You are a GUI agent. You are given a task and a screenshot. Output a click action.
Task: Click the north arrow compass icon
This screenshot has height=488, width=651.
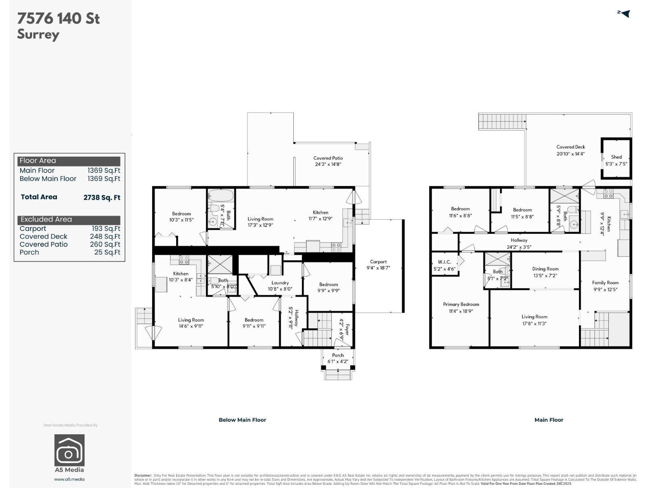pos(624,13)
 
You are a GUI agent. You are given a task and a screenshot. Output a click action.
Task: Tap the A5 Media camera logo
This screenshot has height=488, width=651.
pos(69,450)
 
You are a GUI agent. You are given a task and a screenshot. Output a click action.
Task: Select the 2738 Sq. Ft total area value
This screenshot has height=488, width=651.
pos(102,198)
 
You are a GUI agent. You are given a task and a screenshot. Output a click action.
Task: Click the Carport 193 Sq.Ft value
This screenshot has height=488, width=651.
pos(105,229)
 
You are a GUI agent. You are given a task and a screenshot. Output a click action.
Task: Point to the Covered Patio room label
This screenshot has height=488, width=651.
pos(328,158)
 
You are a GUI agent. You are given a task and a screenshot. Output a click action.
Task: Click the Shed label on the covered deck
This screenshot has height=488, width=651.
pos(616,157)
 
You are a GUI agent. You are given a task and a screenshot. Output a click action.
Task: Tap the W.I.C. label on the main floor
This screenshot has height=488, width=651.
pos(444,262)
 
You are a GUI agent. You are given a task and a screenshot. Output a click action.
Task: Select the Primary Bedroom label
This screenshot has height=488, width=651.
pos(461,304)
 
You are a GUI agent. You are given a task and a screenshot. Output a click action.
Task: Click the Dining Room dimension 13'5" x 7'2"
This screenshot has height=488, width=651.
pos(545,275)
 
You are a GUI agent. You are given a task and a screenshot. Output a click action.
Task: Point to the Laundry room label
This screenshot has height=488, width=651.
pos(280,283)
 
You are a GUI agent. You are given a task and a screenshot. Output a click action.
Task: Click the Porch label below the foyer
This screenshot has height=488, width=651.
pos(338,355)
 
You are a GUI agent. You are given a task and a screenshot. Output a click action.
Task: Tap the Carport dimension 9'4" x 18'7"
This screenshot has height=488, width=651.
pos(378,268)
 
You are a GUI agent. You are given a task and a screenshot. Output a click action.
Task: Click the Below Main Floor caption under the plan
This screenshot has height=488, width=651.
pos(242,420)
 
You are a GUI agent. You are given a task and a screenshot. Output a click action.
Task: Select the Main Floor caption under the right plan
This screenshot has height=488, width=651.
pos(548,420)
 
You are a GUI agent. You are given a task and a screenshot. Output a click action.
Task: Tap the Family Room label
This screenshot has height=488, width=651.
pos(605,283)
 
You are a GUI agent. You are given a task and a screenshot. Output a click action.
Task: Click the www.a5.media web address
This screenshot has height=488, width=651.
pos(69,479)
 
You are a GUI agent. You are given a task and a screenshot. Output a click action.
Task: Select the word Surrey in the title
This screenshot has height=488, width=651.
pos(38,34)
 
